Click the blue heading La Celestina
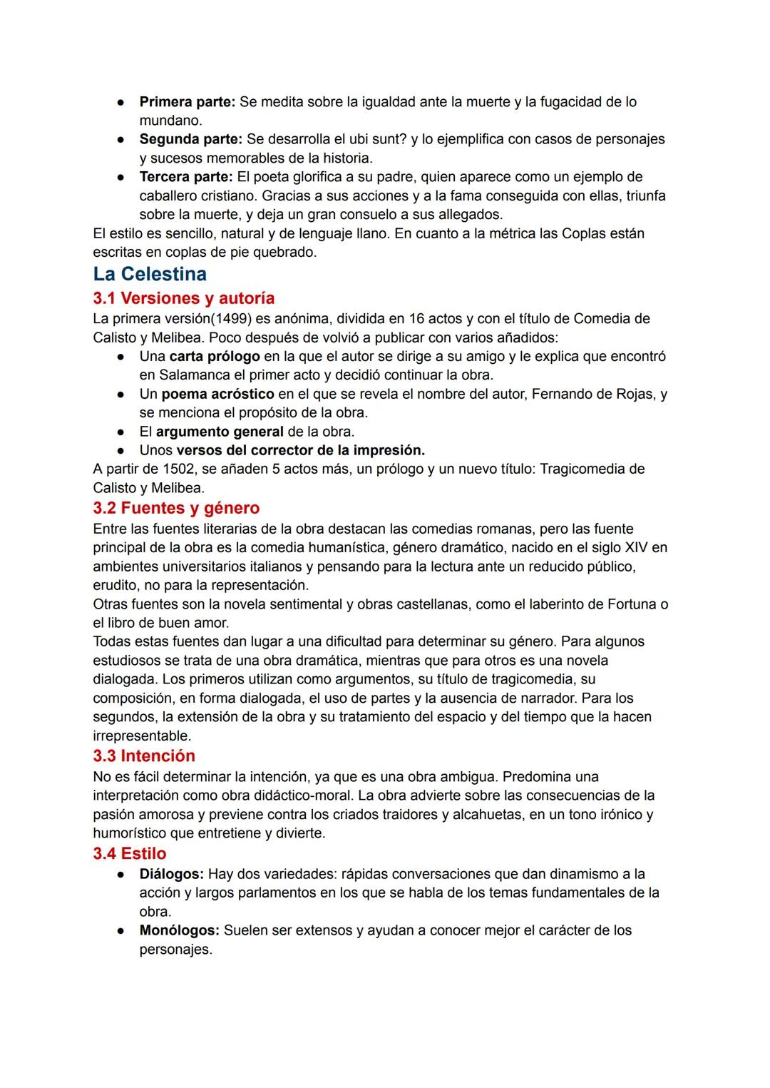point(150,274)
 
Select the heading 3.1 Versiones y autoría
point(183,298)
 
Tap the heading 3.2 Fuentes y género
point(176,508)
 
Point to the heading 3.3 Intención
point(143,756)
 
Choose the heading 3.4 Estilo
point(129,853)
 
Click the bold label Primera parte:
point(187,102)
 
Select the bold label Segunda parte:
point(190,139)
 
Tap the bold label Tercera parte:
point(185,177)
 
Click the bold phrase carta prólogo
point(214,356)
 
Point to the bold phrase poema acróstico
point(217,394)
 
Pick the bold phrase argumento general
point(220,432)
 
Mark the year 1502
point(178,469)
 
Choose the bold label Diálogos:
point(171,874)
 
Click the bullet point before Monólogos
point(123,931)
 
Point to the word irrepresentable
point(141,736)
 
